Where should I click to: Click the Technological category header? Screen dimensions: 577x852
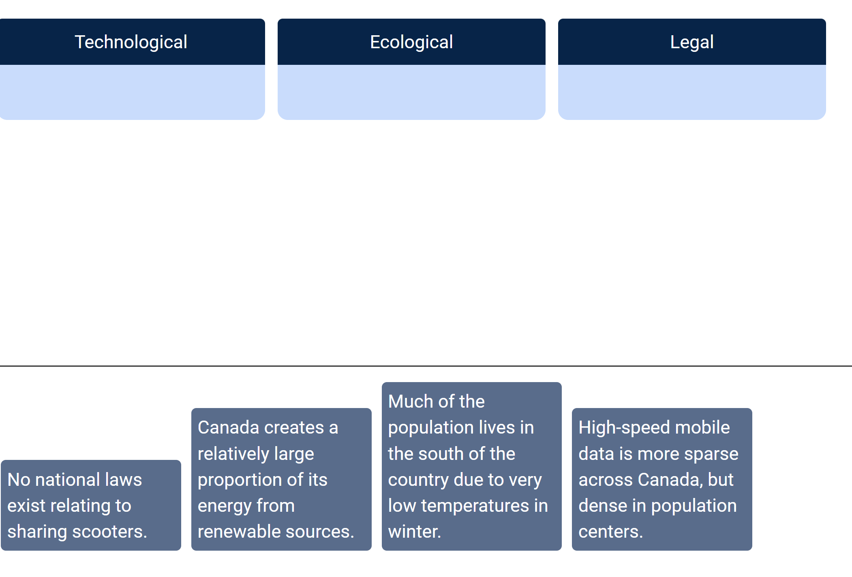131,42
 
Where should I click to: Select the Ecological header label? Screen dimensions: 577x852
411,42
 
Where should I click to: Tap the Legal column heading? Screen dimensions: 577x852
691,42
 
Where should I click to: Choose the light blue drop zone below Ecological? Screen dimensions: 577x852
411,92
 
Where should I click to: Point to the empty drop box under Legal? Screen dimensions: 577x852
691,92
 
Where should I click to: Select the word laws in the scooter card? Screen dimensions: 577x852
123,480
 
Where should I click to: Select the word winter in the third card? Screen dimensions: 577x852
414,532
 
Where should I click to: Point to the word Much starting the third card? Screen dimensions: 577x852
411,402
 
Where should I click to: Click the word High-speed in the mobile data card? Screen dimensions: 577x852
618,428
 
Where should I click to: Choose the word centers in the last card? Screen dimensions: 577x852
610,532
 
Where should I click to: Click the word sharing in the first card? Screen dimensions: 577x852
36,532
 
